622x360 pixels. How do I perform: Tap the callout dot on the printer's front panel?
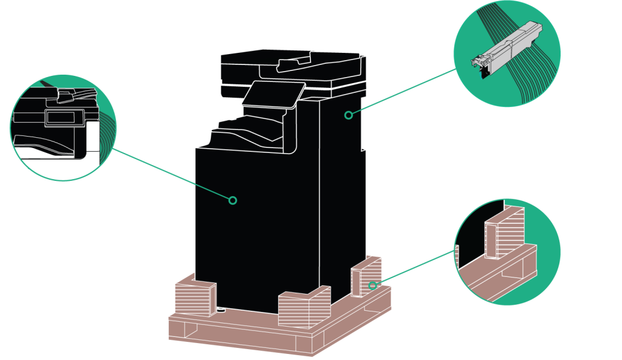click(232, 200)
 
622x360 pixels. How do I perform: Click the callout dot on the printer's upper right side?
click(348, 114)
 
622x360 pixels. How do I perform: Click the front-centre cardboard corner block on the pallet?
click(302, 310)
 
